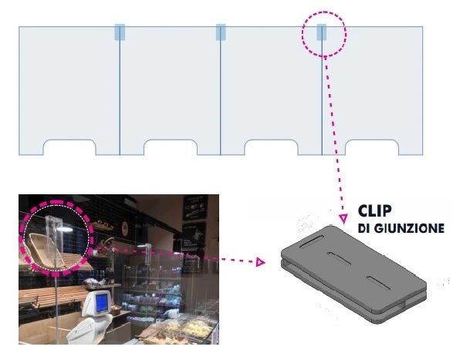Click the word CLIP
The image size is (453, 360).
[375, 210]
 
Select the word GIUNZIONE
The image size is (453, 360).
[409, 229]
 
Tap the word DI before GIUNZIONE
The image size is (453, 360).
[364, 229]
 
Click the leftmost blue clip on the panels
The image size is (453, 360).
[120, 32]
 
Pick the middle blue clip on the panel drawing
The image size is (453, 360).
[221, 32]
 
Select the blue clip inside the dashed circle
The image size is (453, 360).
[322, 32]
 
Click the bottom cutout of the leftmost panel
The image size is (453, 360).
[69, 147]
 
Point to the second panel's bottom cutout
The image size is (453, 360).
[171, 147]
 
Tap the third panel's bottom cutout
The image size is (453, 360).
[271, 147]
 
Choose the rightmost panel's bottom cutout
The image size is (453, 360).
[372, 147]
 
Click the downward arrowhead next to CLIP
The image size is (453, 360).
[343, 218]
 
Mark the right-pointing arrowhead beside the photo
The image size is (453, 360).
[261, 262]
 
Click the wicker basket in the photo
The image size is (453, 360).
[46, 250]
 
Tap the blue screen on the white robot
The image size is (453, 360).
[103, 302]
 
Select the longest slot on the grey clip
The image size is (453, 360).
[312, 241]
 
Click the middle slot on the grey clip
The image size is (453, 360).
[340, 258]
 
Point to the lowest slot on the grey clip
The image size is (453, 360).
[379, 283]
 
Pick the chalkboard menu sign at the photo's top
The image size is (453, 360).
[195, 207]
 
